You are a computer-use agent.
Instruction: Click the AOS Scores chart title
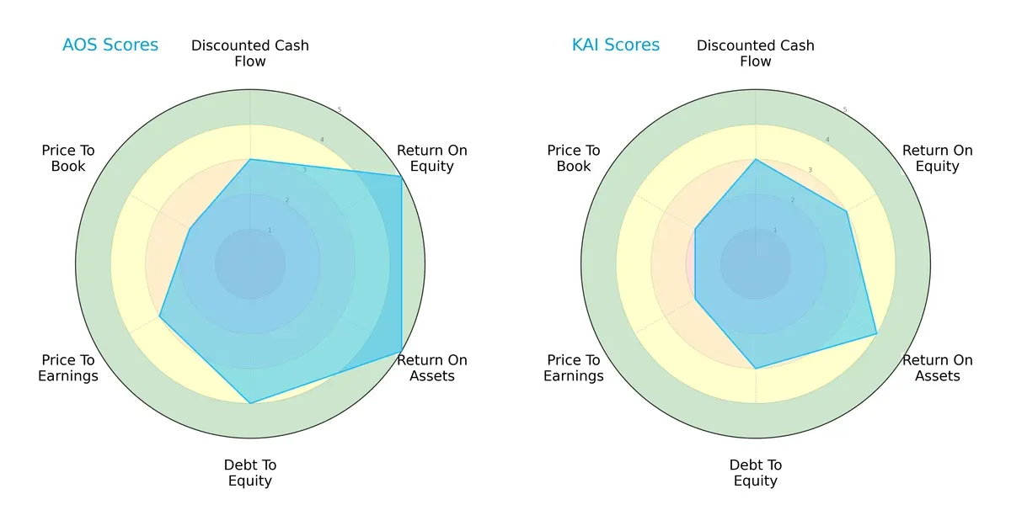pos(110,45)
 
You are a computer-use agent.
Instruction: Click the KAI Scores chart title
pos(616,45)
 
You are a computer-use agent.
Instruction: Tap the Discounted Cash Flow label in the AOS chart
pos(250,53)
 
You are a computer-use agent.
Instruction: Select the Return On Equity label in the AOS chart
pos(432,158)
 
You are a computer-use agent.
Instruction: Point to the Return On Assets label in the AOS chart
pos(432,368)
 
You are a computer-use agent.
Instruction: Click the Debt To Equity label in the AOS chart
pos(250,473)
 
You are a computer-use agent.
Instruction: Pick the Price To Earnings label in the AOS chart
pos(68,368)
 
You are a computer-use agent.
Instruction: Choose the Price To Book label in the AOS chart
pos(68,158)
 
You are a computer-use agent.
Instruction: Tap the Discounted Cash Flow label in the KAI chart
pos(756,53)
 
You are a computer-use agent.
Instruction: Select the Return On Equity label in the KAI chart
pos(938,158)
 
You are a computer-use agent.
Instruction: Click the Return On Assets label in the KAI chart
pos(938,368)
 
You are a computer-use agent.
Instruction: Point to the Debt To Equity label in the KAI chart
pos(756,473)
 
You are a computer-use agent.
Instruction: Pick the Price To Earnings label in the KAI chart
pos(574,368)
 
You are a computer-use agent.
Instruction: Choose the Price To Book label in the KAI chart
pos(574,158)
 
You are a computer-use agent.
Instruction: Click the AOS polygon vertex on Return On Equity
pos(401,176)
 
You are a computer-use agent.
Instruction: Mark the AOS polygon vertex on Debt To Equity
pos(250,404)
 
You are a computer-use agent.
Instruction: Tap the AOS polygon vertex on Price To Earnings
pos(160,316)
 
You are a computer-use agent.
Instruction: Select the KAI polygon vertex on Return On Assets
pos(877,334)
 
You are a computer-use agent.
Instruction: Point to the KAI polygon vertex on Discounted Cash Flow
pos(756,159)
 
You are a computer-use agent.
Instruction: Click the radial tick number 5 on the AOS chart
pos(340,110)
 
